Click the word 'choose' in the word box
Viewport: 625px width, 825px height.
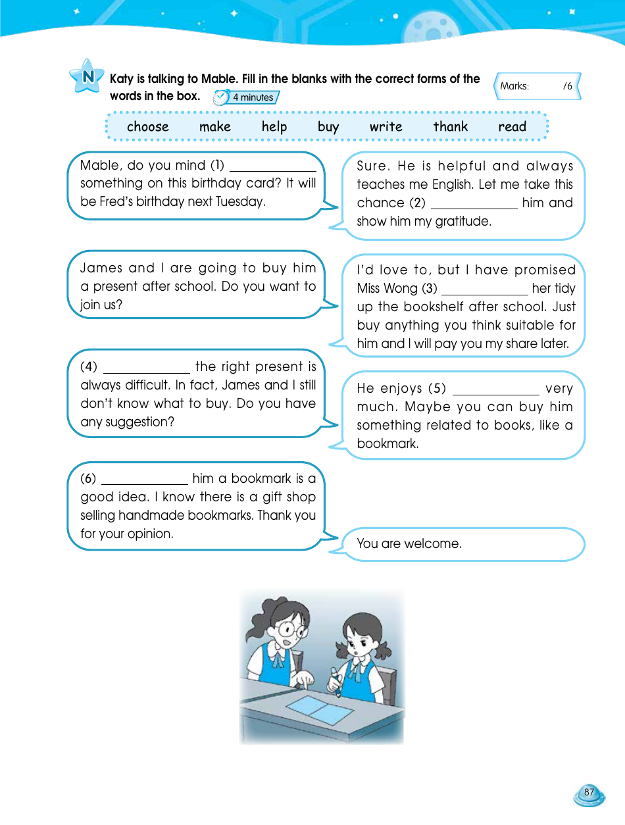(147, 127)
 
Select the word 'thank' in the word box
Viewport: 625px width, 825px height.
(450, 127)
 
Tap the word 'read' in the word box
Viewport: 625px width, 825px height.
(512, 127)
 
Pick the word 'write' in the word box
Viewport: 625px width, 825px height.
(386, 127)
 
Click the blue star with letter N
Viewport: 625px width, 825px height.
(86, 76)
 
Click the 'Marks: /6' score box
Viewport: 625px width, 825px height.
(537, 86)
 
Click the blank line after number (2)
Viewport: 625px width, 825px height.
(474, 207)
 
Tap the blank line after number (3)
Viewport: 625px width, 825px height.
(484, 293)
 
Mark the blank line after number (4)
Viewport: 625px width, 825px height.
(146, 371)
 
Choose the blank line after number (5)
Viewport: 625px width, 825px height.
(495, 393)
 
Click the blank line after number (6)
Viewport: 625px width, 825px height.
(144, 483)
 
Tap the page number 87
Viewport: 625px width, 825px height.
(588, 793)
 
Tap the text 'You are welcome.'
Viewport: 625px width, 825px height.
(409, 543)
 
